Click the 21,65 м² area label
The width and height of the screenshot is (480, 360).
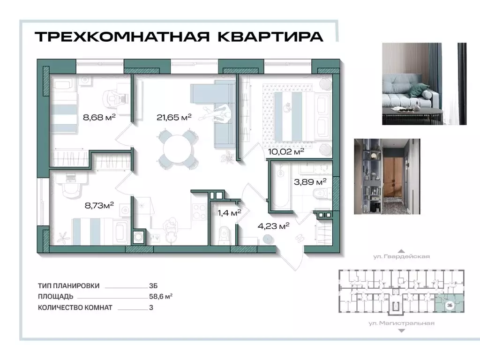click(174, 117)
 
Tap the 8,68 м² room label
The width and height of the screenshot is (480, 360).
click(99, 117)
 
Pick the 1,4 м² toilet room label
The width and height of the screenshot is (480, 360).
click(229, 212)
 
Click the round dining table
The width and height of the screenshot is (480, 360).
click(174, 148)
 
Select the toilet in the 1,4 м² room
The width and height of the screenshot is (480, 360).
click(224, 233)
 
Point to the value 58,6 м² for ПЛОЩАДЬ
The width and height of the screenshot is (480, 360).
click(160, 296)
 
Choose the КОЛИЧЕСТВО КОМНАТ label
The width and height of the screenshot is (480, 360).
click(75, 307)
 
